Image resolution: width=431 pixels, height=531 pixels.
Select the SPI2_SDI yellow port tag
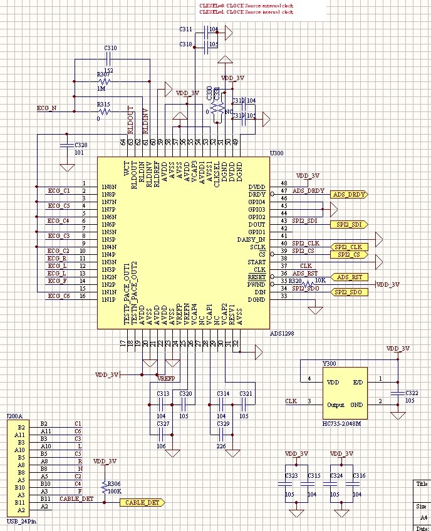coord(348,224)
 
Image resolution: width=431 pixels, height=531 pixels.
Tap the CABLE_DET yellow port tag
coord(143,502)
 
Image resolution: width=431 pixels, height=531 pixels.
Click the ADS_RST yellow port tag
coord(348,277)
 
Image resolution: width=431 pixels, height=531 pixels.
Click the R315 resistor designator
coord(103,105)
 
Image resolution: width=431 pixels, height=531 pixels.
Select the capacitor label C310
coord(110,48)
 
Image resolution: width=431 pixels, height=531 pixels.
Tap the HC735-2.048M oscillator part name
coord(344,425)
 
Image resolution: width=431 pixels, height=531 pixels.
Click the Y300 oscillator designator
coord(329,363)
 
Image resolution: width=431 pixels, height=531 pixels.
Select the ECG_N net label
coord(46,108)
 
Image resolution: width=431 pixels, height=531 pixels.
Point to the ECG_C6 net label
coord(58,296)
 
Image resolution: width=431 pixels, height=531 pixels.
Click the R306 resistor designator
coord(114,483)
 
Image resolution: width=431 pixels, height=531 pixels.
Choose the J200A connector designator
coord(14,416)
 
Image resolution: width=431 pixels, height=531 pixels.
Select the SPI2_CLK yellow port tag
coord(348,247)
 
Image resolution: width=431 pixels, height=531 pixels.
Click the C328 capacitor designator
coord(81,145)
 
